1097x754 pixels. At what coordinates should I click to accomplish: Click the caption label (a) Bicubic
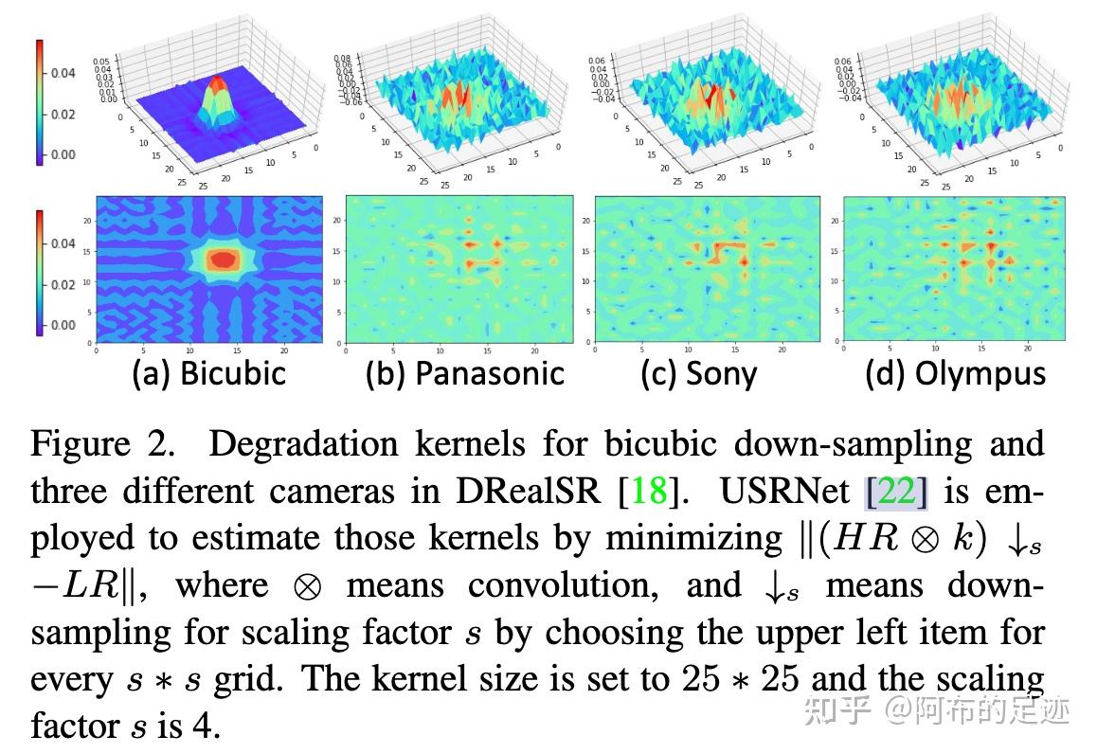point(208,373)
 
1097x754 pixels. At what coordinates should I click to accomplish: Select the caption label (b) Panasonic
point(465,373)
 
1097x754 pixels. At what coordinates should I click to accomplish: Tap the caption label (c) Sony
point(698,373)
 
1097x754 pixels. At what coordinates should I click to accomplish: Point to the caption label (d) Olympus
point(955,373)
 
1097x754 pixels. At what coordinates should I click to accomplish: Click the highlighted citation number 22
point(896,492)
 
